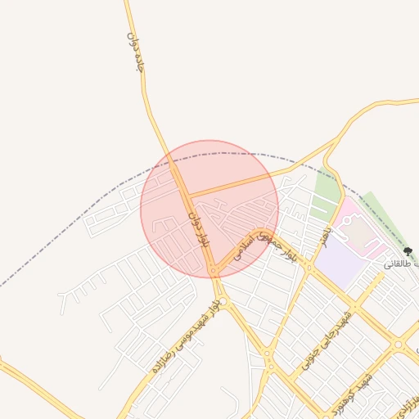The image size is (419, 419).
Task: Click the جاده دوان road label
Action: coord(136,52)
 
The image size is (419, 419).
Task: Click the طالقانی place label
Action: coord(396,264)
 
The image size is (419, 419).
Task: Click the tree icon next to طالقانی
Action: coord(408,252)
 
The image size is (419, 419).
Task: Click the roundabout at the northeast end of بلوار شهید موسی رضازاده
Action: coord(223,301)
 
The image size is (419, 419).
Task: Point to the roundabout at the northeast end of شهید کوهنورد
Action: coord(399,345)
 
